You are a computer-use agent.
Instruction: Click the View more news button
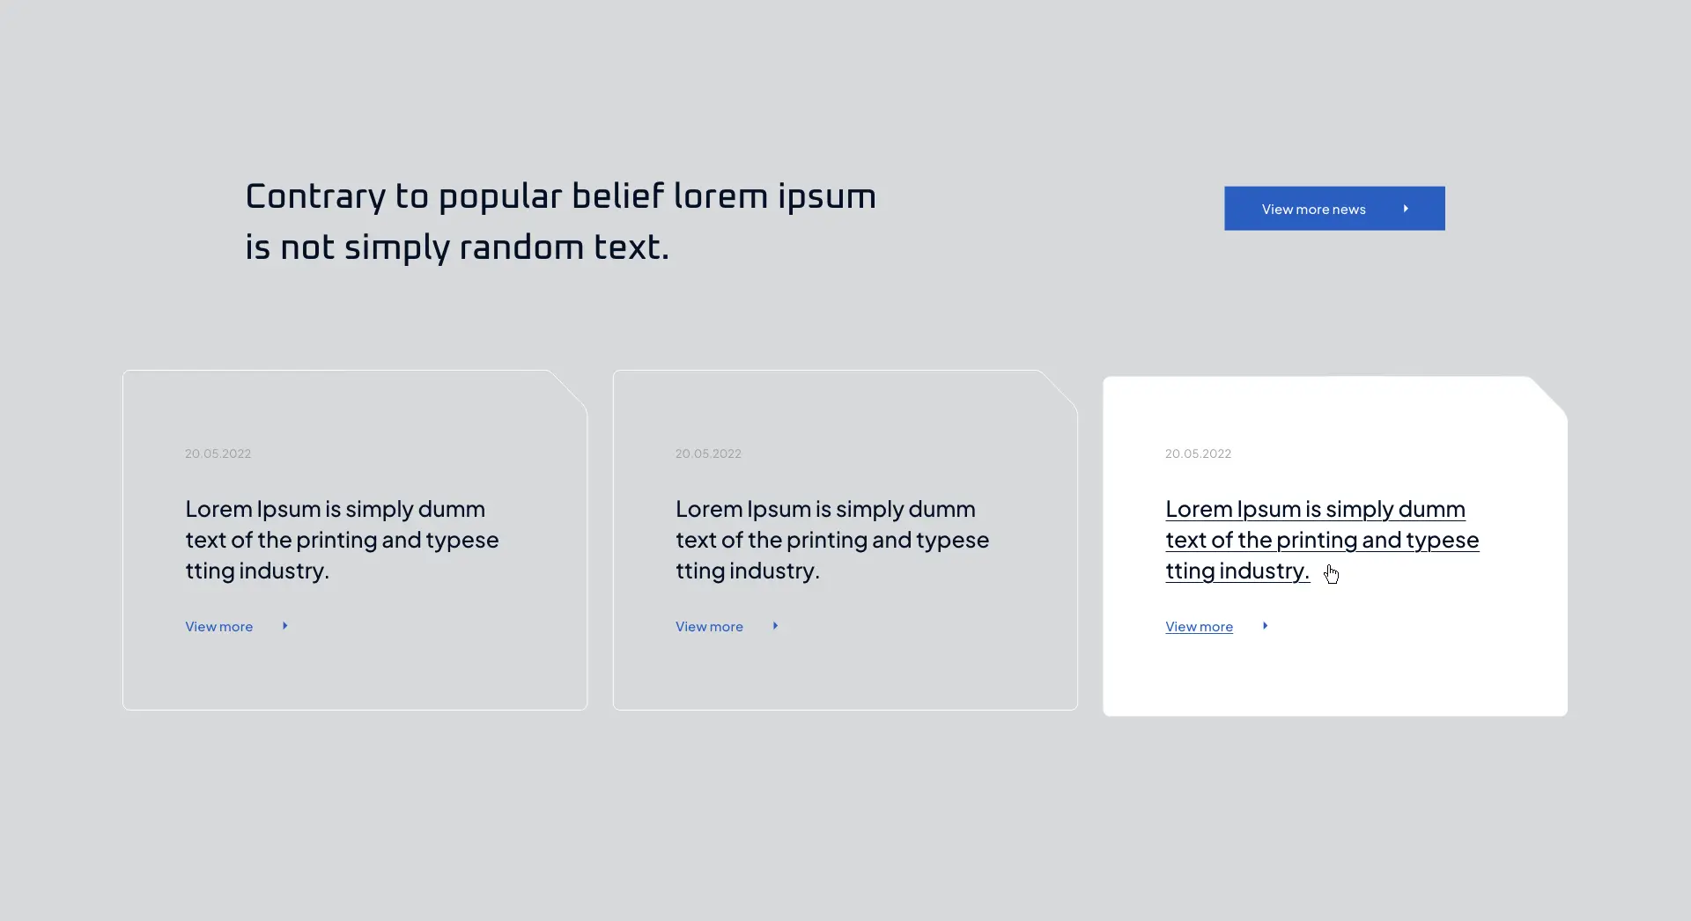click(x=1334, y=209)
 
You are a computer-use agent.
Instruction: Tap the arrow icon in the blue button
click(x=1406, y=209)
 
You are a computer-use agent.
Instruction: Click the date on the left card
click(x=218, y=453)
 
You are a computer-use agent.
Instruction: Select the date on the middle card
click(x=708, y=453)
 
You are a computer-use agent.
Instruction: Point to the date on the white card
click(x=1198, y=453)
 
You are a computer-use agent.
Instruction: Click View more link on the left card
click(x=219, y=627)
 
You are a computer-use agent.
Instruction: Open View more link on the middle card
click(x=709, y=627)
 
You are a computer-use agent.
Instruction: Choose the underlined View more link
click(x=1200, y=627)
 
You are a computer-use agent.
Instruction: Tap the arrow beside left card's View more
click(x=285, y=626)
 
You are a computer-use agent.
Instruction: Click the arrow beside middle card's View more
click(x=775, y=626)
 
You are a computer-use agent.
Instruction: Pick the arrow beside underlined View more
click(x=1265, y=626)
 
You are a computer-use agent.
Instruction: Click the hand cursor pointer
click(x=1331, y=574)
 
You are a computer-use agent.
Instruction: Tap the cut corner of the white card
click(x=1548, y=396)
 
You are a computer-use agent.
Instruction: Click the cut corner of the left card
click(x=568, y=389)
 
